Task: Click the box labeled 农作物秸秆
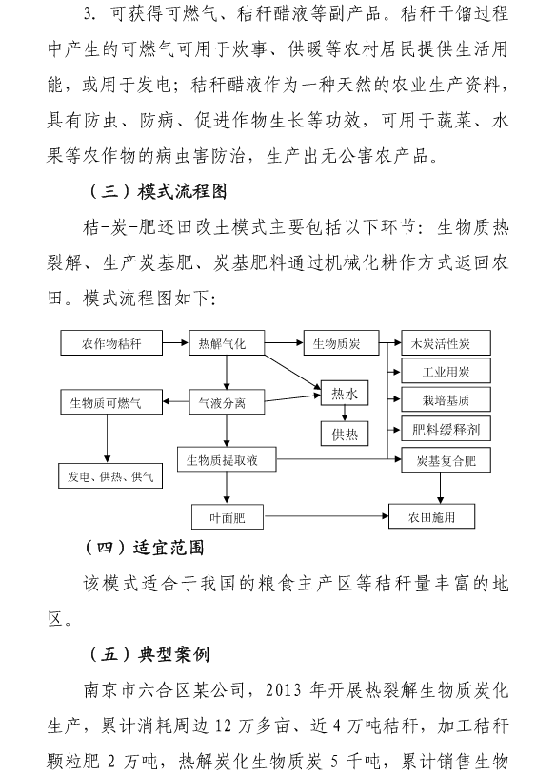click(111, 343)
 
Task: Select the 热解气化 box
click(227, 343)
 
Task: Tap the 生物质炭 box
click(341, 343)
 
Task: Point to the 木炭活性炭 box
click(446, 343)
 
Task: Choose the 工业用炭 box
click(446, 371)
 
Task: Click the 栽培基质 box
click(446, 399)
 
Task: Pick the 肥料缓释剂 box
click(446, 429)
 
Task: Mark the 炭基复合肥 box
click(446, 460)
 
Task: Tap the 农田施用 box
click(432, 516)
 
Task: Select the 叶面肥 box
click(228, 516)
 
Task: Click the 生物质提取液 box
click(227, 459)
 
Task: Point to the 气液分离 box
click(227, 402)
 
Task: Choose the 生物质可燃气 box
click(111, 402)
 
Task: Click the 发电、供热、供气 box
click(110, 475)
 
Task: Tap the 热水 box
click(345, 393)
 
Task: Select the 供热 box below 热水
click(345, 434)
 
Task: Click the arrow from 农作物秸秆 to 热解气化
click(176, 342)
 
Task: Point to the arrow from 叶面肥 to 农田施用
click(326, 516)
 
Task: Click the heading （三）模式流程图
click(157, 191)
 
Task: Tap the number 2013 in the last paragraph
click(284, 689)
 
